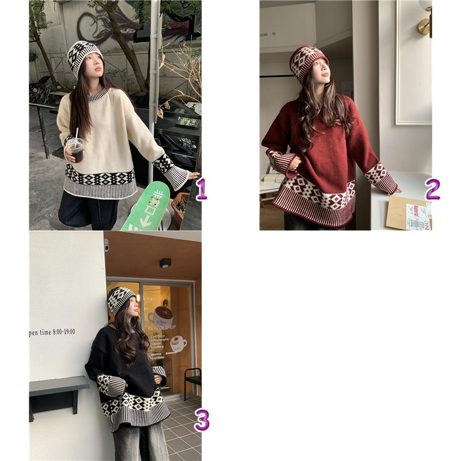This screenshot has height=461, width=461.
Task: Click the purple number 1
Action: (x=201, y=189)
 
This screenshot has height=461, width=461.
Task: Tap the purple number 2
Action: (x=432, y=189)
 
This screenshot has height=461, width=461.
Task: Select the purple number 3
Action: (x=201, y=421)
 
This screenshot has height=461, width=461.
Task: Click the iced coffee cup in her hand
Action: (x=76, y=150)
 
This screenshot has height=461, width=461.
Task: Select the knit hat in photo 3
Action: (x=120, y=300)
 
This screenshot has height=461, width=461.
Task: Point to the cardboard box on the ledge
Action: (x=408, y=213)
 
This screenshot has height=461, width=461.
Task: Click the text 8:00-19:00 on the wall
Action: (x=56, y=332)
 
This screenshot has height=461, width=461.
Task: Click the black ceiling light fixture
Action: (x=165, y=263)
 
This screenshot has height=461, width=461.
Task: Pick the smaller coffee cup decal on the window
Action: (x=177, y=344)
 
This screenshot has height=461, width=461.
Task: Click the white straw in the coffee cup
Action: (x=76, y=135)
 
